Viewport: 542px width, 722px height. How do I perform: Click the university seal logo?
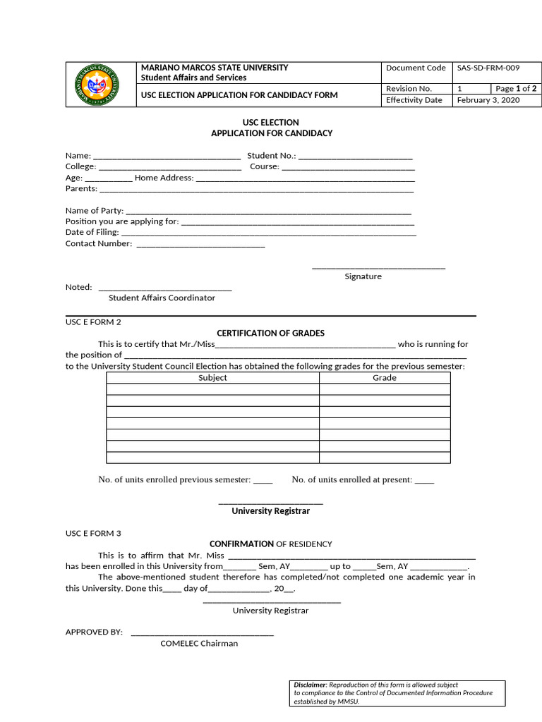tap(100, 84)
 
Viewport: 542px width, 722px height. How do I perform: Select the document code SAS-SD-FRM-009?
tap(488, 68)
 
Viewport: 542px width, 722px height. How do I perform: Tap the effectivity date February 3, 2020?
tap(488, 100)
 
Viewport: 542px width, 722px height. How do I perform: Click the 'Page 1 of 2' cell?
tap(516, 89)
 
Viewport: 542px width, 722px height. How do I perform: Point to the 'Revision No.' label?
tap(409, 89)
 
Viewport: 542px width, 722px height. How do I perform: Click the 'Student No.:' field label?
tap(272, 156)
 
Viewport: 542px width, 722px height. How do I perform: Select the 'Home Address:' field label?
tap(164, 178)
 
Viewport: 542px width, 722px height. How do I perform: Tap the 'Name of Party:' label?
tap(94, 211)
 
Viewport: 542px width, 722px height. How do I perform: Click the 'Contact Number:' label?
tap(99, 243)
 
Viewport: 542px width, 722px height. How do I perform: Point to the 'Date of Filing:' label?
tap(92, 232)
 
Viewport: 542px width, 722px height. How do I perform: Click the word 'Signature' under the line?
tap(363, 276)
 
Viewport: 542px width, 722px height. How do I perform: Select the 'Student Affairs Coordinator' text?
tap(162, 298)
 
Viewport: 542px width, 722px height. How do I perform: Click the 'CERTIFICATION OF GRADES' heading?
tap(270, 333)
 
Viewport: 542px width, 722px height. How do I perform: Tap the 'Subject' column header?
tap(212, 378)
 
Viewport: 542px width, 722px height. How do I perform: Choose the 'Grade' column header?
tap(385, 378)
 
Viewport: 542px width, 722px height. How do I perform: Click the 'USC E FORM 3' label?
tap(93, 534)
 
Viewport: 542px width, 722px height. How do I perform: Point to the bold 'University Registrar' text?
tap(270, 511)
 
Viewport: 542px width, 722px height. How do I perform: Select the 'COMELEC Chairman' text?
tap(199, 643)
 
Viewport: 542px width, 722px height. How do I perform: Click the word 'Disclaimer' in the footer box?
tap(310, 685)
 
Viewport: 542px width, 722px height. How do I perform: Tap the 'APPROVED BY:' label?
tap(94, 632)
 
